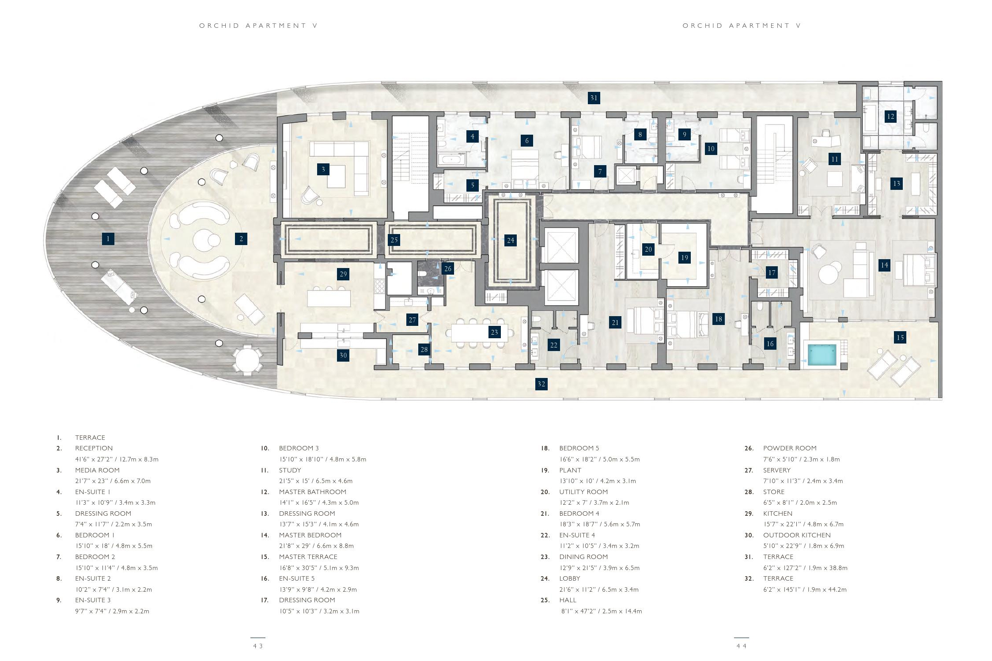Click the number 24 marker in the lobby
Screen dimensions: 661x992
pos(510,240)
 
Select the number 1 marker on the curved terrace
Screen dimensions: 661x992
pos(108,239)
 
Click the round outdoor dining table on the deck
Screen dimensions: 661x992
pos(248,361)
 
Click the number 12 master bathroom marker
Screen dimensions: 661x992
pos(890,117)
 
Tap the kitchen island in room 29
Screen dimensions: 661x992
pos(329,298)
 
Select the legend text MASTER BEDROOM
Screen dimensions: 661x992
pos(310,535)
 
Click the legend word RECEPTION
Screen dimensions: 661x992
pos(94,448)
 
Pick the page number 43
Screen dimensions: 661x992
pos(258,646)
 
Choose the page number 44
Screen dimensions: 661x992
pos(741,646)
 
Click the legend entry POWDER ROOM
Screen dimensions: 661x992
pos(790,448)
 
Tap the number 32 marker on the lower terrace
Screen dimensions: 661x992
pos(541,384)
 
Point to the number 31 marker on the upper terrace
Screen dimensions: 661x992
pos(594,98)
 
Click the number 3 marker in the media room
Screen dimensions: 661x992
pos(323,169)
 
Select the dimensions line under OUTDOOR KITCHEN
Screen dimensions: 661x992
pos(803,546)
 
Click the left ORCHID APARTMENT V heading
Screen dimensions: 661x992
pos(258,26)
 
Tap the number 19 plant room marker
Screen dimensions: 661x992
pos(684,257)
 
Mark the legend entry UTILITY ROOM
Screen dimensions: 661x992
pos(583,492)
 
